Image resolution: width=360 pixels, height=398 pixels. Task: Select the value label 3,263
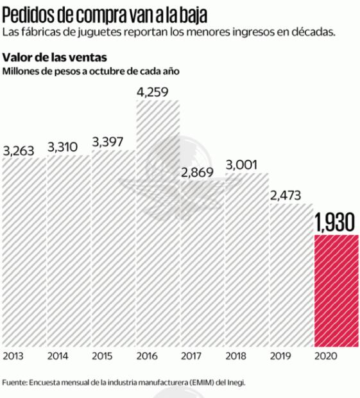19,151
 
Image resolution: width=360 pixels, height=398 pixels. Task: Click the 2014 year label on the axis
58,354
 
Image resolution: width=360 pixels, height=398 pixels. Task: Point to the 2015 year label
103,354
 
